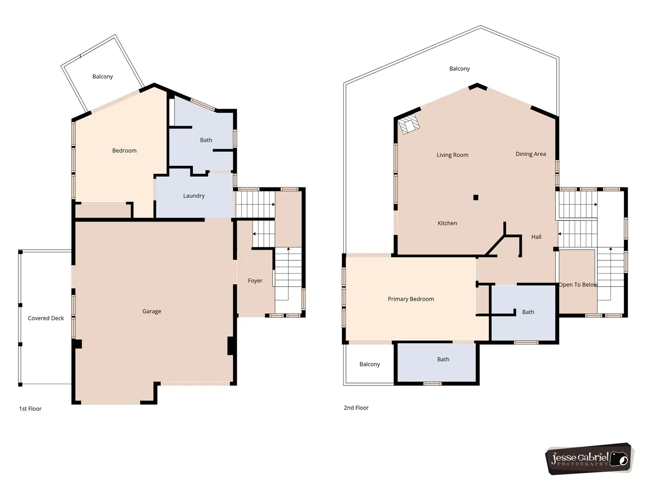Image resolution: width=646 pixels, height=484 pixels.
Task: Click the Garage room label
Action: pos(152,311)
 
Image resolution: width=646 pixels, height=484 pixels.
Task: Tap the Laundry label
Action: pos(194,196)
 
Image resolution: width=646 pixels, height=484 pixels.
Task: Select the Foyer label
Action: pos(255,281)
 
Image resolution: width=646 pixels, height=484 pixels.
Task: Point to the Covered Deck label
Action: pos(46,318)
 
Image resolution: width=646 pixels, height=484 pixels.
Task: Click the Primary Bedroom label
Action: pos(411,299)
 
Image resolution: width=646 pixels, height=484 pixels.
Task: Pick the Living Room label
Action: pos(452,155)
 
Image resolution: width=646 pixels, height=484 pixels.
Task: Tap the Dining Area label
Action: pos(531,154)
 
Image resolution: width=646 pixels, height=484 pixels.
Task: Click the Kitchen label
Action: pos(447,223)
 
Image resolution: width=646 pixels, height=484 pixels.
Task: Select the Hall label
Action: pos(536,237)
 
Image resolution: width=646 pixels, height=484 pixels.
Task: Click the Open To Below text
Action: pos(578,285)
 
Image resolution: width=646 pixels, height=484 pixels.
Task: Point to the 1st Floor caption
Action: pos(30,408)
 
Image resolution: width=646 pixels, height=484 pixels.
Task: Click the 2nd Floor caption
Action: pos(356,408)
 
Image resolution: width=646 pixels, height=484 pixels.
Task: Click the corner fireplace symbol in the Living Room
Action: pos(409,125)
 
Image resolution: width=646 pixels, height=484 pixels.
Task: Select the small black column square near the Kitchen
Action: pos(476,198)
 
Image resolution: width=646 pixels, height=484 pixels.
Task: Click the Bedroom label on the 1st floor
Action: pos(124,151)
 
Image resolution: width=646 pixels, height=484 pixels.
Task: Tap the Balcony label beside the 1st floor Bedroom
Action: pos(102,77)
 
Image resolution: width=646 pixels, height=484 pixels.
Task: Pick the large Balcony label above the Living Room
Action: pos(459,69)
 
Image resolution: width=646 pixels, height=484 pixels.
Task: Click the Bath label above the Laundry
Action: pos(206,140)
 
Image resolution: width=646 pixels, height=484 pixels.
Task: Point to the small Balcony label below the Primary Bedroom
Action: pos(370,364)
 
